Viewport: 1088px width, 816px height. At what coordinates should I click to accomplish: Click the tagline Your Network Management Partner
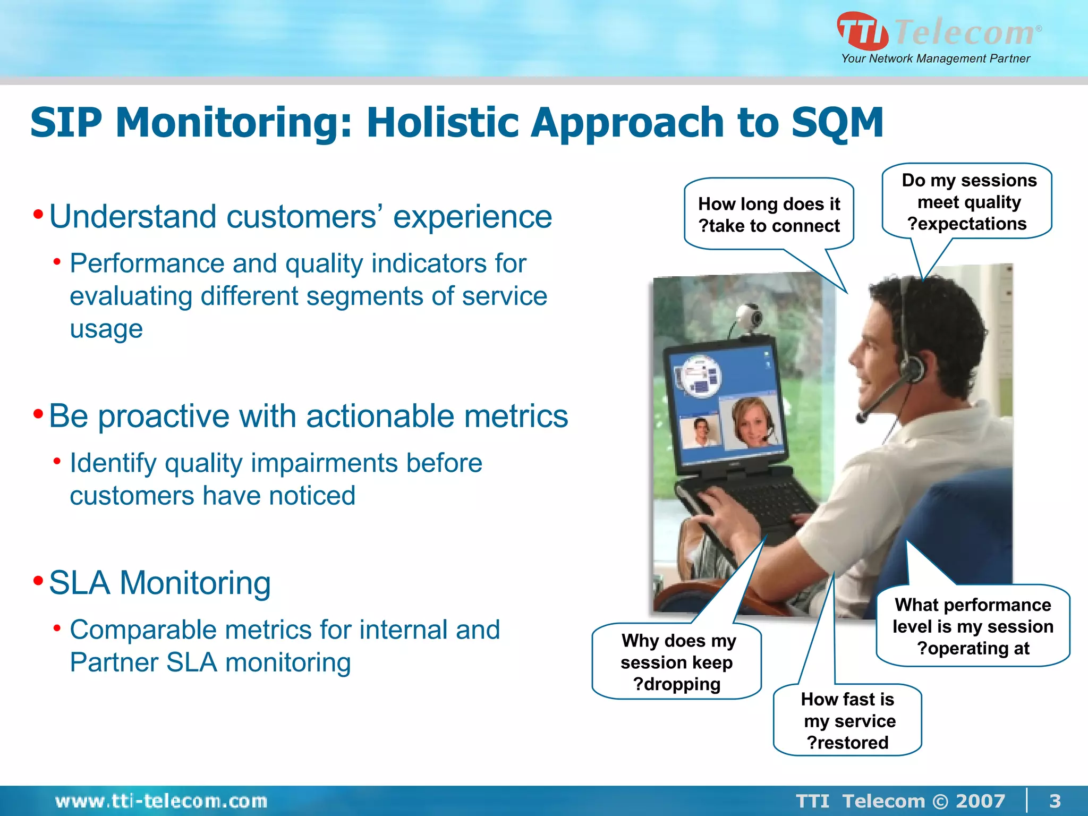[x=935, y=58]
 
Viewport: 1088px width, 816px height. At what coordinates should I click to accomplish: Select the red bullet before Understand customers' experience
[x=38, y=215]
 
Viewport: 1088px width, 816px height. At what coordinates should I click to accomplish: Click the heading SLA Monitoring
[x=159, y=583]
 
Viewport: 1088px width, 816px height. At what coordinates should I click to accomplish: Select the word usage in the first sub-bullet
[x=106, y=329]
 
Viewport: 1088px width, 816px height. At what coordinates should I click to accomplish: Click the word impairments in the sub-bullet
[x=324, y=463]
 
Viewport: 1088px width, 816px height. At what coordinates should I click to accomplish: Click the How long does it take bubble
[x=769, y=215]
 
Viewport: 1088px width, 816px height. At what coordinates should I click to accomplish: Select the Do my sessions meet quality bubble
[x=968, y=202]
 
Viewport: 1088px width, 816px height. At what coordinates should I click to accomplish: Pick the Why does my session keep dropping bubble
[x=677, y=662]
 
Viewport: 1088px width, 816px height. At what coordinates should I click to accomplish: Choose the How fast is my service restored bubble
[x=848, y=720]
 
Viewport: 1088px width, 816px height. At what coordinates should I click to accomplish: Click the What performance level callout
[x=972, y=626]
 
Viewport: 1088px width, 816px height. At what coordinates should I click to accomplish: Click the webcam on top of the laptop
[x=750, y=317]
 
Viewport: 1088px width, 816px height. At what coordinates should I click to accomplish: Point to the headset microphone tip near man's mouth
[x=861, y=418]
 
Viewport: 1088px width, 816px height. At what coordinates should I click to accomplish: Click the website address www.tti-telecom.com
[x=161, y=801]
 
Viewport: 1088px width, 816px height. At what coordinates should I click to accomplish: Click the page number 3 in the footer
[x=1055, y=801]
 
